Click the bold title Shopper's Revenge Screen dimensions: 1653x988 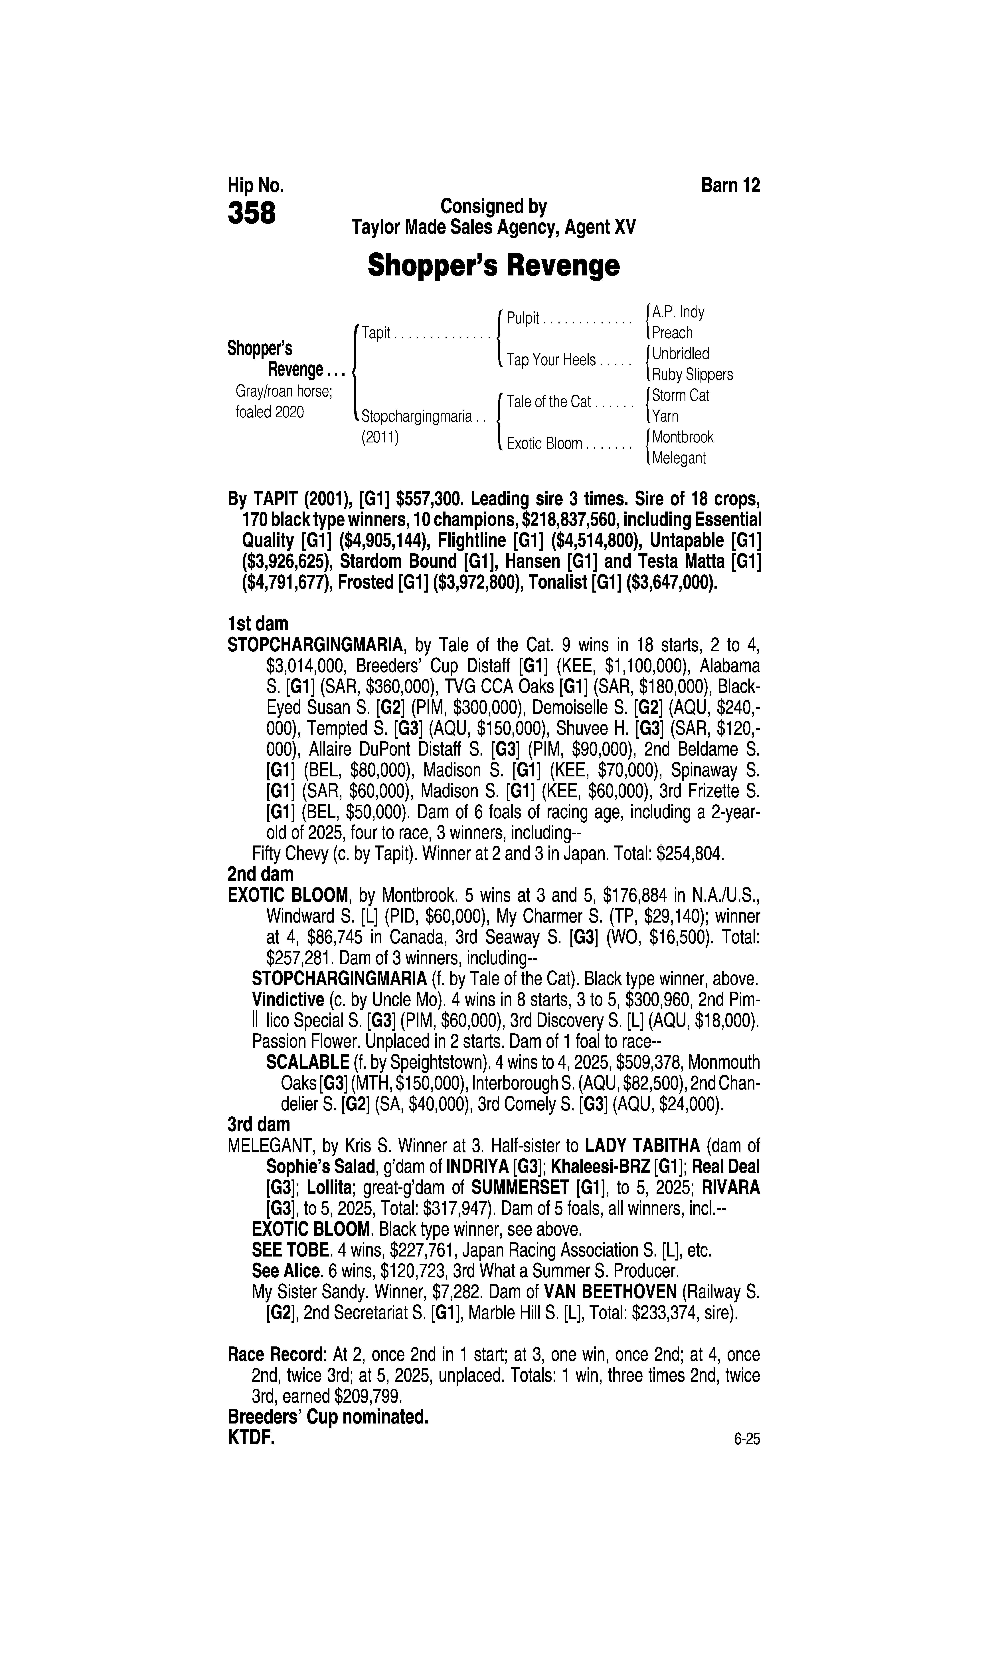(493, 266)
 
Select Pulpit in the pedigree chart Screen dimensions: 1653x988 (523, 318)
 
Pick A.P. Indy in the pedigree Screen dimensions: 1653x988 (678, 312)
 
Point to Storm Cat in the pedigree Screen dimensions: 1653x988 (680, 395)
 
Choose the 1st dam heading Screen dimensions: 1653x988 (258, 624)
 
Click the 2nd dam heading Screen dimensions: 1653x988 (260, 873)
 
